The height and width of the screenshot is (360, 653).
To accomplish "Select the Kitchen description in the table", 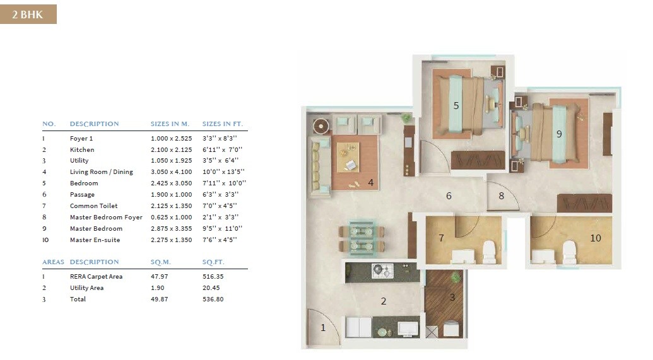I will [x=82, y=150].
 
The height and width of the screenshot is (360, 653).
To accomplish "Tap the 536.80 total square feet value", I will [x=213, y=299].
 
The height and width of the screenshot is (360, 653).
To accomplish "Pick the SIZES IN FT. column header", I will [x=222, y=124].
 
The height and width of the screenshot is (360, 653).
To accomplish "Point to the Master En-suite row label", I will [x=95, y=240].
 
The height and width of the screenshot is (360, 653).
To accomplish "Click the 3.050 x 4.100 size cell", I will [x=168, y=172].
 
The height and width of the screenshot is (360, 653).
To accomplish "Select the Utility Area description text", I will [x=86, y=288].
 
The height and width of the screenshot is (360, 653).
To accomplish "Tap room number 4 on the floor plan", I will [x=371, y=183].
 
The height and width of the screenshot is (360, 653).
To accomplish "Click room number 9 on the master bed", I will [x=559, y=134].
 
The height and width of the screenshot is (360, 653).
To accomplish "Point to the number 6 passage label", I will [x=449, y=196].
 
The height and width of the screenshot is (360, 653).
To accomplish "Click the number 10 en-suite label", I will [x=596, y=238].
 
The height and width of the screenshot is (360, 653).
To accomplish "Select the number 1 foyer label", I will [x=323, y=327].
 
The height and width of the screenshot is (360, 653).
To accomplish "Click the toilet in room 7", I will [x=489, y=252].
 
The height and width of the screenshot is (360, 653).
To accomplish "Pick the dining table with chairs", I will [x=362, y=238].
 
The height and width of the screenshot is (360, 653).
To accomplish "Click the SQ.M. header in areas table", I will [x=161, y=262].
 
